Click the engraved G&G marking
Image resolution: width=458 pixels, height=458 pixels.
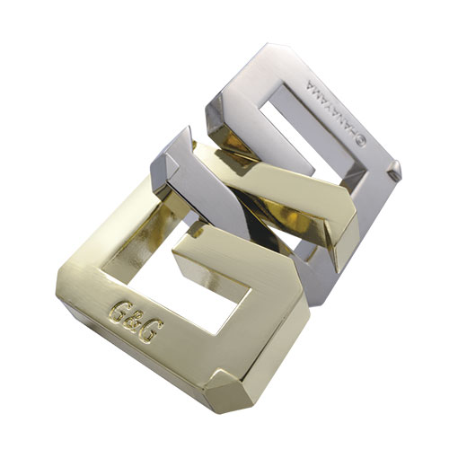click(137, 321)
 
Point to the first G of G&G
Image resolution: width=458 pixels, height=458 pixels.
click(119, 309)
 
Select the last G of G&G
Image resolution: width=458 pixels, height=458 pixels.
click(153, 334)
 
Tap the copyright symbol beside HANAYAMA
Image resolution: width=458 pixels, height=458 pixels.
click(360, 141)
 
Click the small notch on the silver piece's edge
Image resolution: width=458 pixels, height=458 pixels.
click(393, 172)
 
